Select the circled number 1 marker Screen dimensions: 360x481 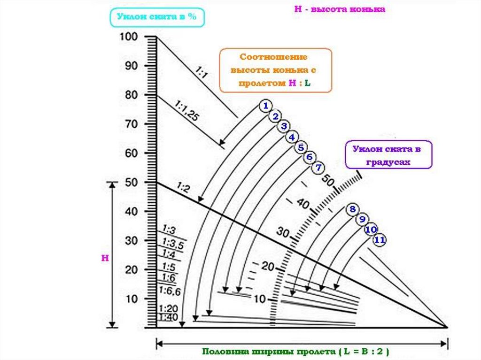coord(265,106)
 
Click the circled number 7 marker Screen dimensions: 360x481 coord(318,167)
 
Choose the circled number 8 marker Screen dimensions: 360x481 coord(352,209)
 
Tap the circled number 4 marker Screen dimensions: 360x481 coord(292,137)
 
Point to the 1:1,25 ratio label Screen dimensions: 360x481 coord(186,111)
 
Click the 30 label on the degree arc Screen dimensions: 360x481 coord(283,231)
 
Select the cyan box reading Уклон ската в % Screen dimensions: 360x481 coord(157,17)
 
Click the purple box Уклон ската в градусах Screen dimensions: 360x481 coord(388,155)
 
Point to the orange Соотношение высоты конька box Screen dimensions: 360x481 coord(275,70)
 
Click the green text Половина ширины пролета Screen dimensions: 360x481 coord(296,351)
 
